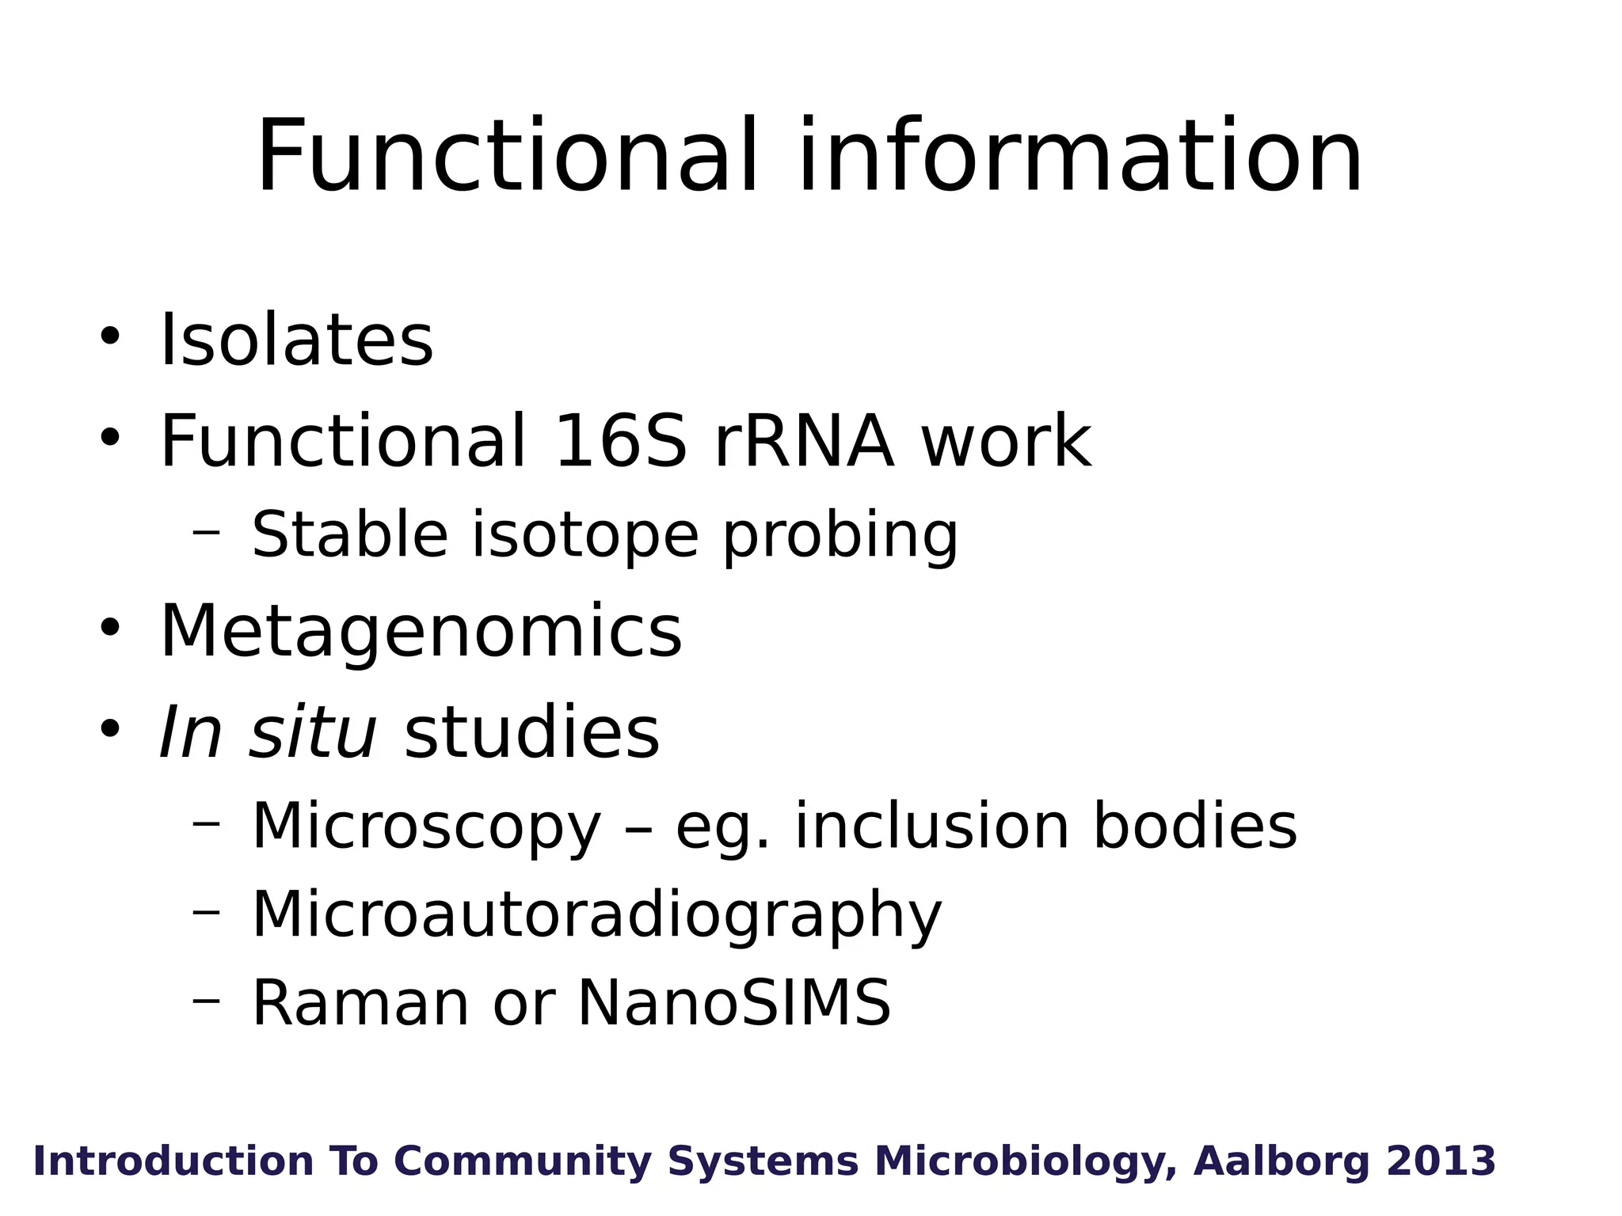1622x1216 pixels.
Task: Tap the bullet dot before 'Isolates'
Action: point(109,336)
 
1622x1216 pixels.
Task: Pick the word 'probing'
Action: point(840,537)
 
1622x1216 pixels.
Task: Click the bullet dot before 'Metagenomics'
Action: point(109,627)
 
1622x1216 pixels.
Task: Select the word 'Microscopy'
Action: point(426,826)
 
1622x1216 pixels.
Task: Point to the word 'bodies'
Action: point(1195,825)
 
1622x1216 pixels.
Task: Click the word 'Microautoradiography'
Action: point(596,915)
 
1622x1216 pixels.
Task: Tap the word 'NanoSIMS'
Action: point(734,1002)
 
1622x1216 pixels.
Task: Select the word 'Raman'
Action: point(360,1002)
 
